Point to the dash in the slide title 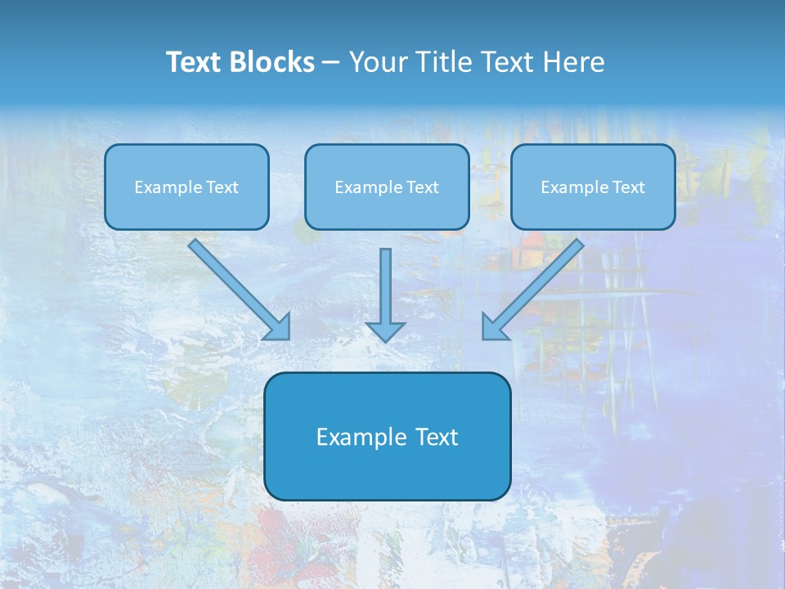[332, 63]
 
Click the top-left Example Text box [186, 187]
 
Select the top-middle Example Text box [387, 187]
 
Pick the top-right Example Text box [593, 187]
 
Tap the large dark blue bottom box [387, 436]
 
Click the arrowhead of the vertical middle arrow [385, 330]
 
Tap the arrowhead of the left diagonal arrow [278, 327]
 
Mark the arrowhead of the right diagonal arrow [494, 327]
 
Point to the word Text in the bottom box [435, 437]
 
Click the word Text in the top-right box [628, 187]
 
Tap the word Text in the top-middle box [422, 187]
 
